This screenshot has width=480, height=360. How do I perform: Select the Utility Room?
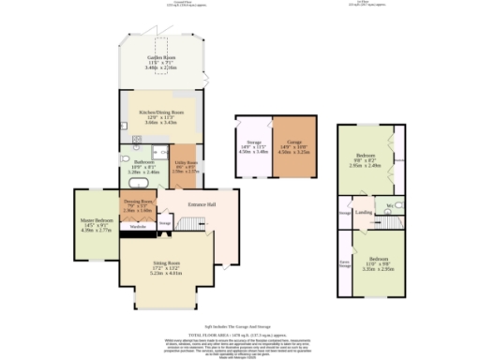coord(184,166)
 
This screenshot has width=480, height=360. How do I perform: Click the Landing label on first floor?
coord(365,211)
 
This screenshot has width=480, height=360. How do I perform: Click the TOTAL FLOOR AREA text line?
coord(239,334)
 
